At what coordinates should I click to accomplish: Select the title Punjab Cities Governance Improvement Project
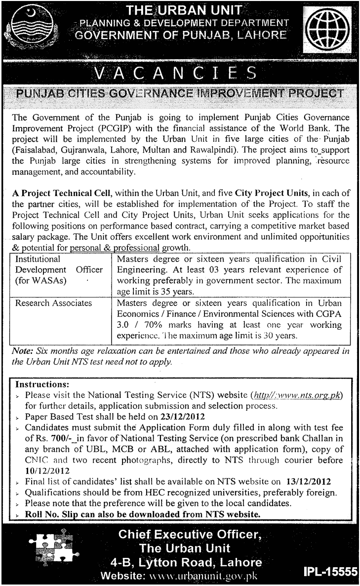point(180,93)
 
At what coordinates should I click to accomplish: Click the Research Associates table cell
point(54,303)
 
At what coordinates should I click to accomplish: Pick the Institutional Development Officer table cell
point(59,270)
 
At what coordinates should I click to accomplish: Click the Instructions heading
point(42,383)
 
